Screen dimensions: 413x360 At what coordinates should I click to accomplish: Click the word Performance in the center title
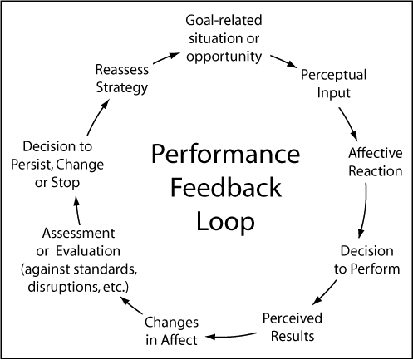click(x=225, y=155)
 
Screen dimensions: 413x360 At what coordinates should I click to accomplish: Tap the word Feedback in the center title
click(x=226, y=188)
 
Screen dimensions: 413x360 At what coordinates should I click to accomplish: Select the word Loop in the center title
click(x=225, y=222)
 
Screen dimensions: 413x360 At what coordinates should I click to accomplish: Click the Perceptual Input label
click(x=333, y=84)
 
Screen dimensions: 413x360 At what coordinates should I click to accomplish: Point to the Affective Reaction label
click(x=376, y=162)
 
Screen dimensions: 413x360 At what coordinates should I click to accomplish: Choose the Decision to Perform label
click(x=366, y=260)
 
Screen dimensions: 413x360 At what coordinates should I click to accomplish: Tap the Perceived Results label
click(x=293, y=327)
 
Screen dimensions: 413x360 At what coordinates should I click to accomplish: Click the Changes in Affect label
click(x=171, y=331)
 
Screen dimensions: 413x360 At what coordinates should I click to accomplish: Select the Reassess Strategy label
click(x=122, y=79)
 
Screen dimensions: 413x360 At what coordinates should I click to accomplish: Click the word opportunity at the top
click(x=224, y=57)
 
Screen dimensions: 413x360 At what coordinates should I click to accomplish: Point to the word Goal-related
click(x=224, y=21)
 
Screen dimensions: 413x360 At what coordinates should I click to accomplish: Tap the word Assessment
click(x=78, y=233)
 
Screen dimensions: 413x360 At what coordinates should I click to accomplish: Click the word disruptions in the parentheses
click(x=63, y=287)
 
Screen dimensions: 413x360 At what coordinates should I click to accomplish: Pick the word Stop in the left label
click(x=66, y=183)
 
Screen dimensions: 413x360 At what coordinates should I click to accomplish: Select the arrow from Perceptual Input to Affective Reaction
click(x=348, y=124)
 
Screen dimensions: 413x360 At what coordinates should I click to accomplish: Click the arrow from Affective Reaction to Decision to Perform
click(x=363, y=210)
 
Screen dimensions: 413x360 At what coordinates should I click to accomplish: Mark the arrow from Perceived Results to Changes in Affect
click(x=230, y=336)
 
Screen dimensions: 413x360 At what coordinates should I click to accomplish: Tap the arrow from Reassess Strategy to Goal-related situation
click(x=166, y=58)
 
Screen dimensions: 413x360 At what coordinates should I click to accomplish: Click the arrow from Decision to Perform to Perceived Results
click(x=325, y=293)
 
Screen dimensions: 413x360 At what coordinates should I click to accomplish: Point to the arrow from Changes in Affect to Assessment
click(x=131, y=305)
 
